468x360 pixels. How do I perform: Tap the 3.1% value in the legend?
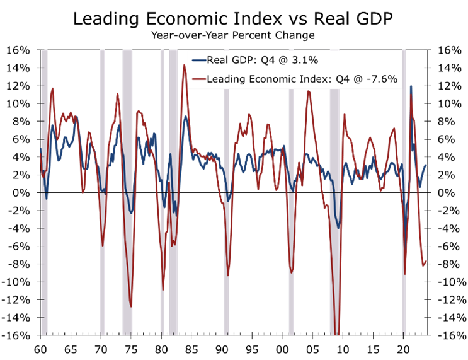pos(304,61)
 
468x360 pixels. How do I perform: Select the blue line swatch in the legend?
pos(199,61)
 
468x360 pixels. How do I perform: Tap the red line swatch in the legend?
pos(199,79)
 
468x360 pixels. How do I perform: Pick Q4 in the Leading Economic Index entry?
pos(345,79)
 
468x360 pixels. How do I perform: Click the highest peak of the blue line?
pos(411,86)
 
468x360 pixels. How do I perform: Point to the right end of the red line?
pos(427,260)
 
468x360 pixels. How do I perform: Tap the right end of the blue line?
pos(427,165)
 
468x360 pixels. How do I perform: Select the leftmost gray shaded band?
pos(44,189)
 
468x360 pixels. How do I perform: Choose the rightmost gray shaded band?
pos(404,189)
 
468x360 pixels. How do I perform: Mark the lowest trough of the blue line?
pos(339,228)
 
